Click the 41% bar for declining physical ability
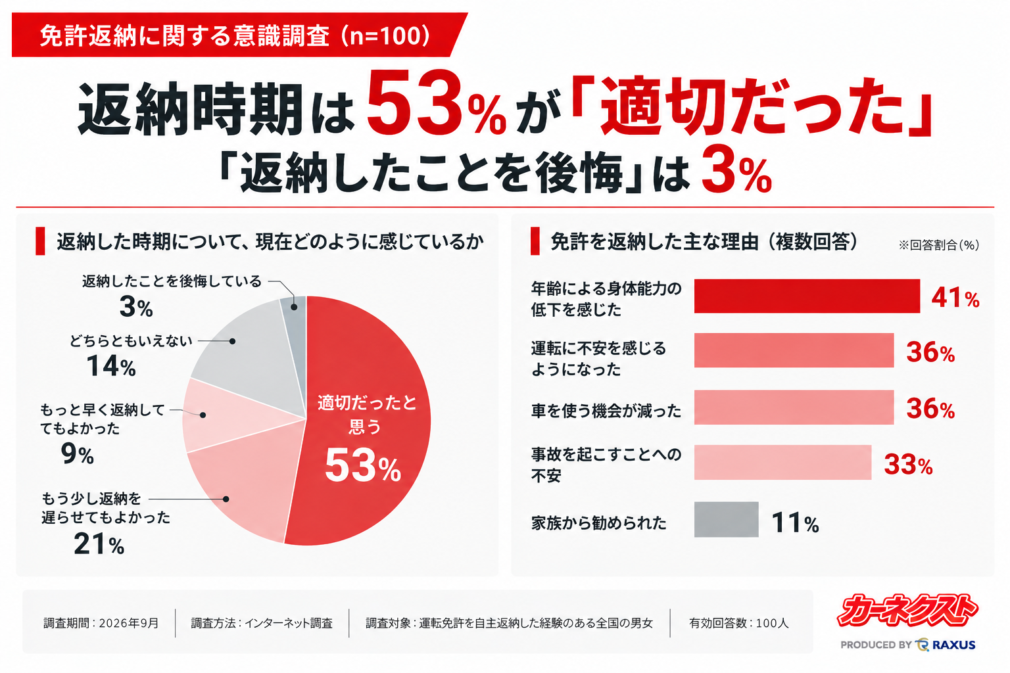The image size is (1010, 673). click(x=807, y=296)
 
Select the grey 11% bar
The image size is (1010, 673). click(x=726, y=519)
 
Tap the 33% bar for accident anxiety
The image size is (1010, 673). click(x=782, y=462)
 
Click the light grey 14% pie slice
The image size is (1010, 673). click(x=252, y=356)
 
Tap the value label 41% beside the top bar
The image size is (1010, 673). click(x=955, y=298)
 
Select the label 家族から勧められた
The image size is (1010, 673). click(x=599, y=523)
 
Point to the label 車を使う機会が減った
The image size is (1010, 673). click(x=606, y=411)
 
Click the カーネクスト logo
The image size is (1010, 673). click(x=907, y=611)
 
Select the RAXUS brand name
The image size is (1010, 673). click(x=953, y=645)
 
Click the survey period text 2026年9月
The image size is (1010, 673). click(x=129, y=623)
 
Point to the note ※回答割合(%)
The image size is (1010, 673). click(x=939, y=244)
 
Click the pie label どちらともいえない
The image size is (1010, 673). click(x=131, y=341)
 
